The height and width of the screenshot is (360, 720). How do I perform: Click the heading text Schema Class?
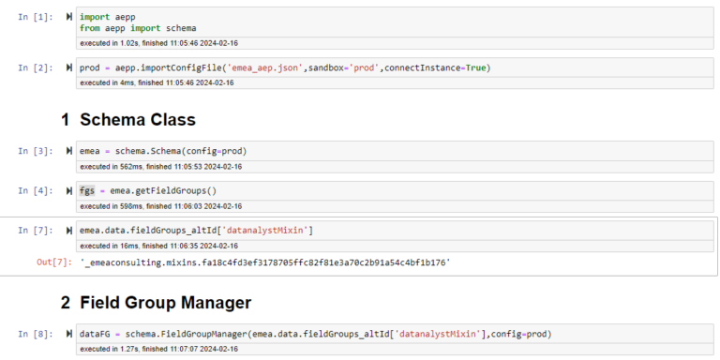click(x=137, y=120)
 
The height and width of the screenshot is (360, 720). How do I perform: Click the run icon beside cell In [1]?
click(x=69, y=17)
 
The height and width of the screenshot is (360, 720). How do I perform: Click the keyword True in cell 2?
click(x=475, y=68)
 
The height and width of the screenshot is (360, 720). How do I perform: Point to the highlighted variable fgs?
click(x=88, y=190)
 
